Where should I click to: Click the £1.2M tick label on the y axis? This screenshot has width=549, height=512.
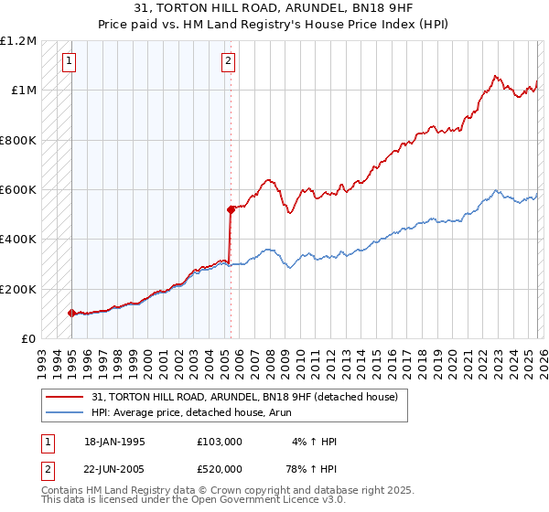tap(18, 41)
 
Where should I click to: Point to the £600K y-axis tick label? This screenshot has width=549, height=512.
tap(18, 190)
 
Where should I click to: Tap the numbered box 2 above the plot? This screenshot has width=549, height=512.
tap(228, 62)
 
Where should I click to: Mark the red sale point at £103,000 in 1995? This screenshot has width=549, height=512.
tap(72, 313)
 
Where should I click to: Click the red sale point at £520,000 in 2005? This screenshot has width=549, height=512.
tap(231, 209)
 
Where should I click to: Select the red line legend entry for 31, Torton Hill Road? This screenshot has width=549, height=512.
tap(244, 397)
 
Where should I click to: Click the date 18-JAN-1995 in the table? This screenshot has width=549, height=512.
tap(114, 442)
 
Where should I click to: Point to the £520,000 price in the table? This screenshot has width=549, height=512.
tap(220, 468)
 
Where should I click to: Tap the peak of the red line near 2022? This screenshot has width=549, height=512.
tap(495, 76)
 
